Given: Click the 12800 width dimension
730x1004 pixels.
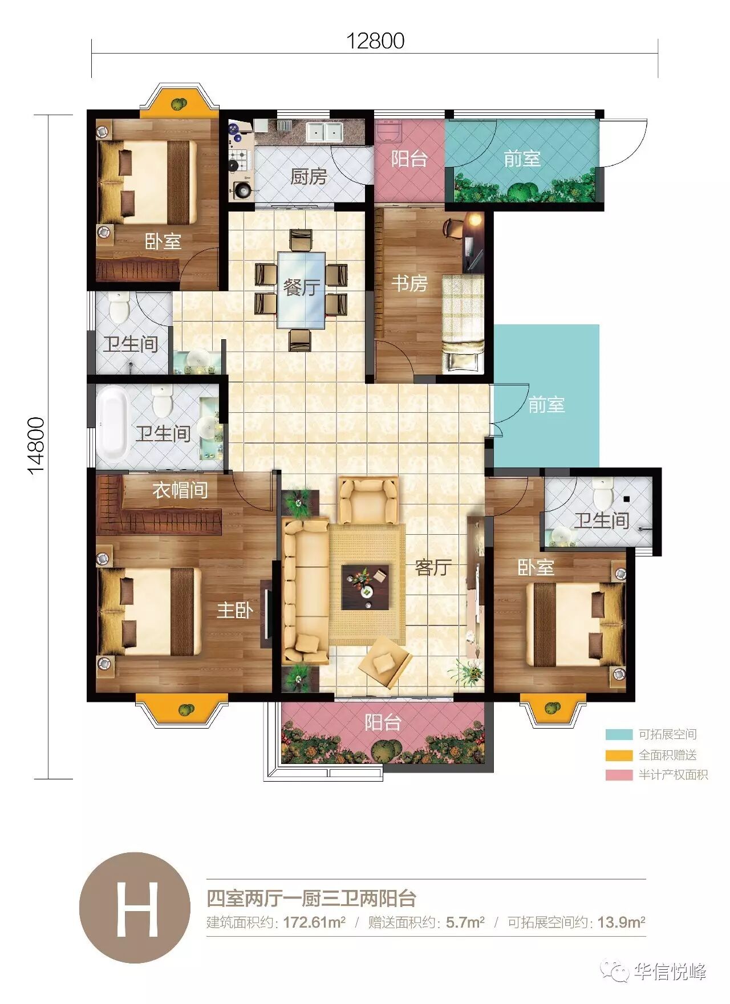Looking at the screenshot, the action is pyautogui.click(x=376, y=41).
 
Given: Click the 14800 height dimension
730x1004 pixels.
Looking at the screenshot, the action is pyautogui.click(x=36, y=446).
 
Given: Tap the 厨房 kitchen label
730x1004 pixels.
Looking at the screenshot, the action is pyautogui.click(x=309, y=177).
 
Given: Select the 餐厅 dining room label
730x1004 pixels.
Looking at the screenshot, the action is pyautogui.click(x=302, y=287).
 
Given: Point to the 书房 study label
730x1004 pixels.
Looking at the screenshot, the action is pyautogui.click(x=409, y=283).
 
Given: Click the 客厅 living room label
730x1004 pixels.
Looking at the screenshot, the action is pyautogui.click(x=433, y=567).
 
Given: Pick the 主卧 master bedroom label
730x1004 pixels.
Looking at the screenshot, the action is pyautogui.click(x=235, y=611).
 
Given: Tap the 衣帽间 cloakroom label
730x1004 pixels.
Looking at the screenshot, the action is pyautogui.click(x=180, y=490).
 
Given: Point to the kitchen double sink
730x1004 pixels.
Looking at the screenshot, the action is pyautogui.click(x=323, y=132).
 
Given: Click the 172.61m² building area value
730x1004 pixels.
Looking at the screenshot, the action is pyautogui.click(x=314, y=922).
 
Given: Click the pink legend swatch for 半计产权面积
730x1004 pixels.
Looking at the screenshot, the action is pyautogui.click(x=619, y=775).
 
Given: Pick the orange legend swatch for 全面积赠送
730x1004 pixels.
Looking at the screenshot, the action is pyautogui.click(x=619, y=755).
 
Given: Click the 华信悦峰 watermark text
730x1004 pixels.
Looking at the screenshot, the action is pyautogui.click(x=670, y=972).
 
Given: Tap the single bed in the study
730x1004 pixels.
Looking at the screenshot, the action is pyautogui.click(x=463, y=323).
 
